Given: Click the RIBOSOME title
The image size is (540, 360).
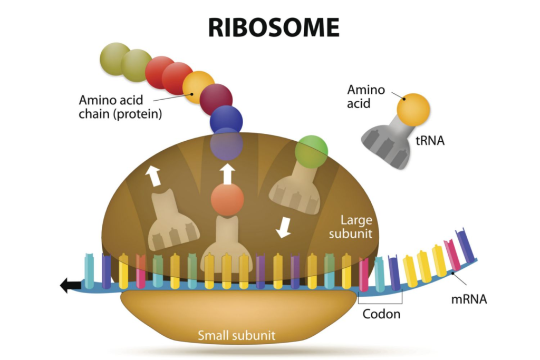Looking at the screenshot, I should pos(274,27).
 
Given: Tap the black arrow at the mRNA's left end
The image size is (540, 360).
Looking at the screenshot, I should pos(69,286).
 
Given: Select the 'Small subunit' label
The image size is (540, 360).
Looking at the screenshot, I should pos(236,335).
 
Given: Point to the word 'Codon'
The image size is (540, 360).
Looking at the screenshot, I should pos(381,314).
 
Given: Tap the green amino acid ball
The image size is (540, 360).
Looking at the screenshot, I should pos(311,150).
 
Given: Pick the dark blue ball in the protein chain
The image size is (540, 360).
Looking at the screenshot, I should pos(226,120).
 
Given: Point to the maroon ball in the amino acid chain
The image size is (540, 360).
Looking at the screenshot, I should pos(216,99).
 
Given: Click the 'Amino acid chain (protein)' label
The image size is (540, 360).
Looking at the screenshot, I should pos(120,106).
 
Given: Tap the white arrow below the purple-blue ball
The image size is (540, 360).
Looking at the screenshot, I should pos(227,173).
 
